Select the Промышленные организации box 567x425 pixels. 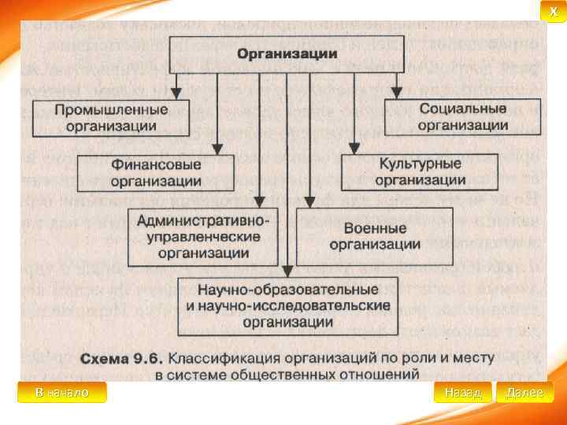(x=110, y=116)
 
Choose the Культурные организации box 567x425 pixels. (x=419, y=172)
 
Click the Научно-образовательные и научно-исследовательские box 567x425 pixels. (x=288, y=305)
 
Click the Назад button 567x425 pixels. (x=462, y=392)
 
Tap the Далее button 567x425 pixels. (x=524, y=392)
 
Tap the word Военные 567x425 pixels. (x=375, y=228)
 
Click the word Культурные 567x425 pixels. (x=419, y=164)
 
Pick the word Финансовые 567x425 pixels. (x=156, y=165)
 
